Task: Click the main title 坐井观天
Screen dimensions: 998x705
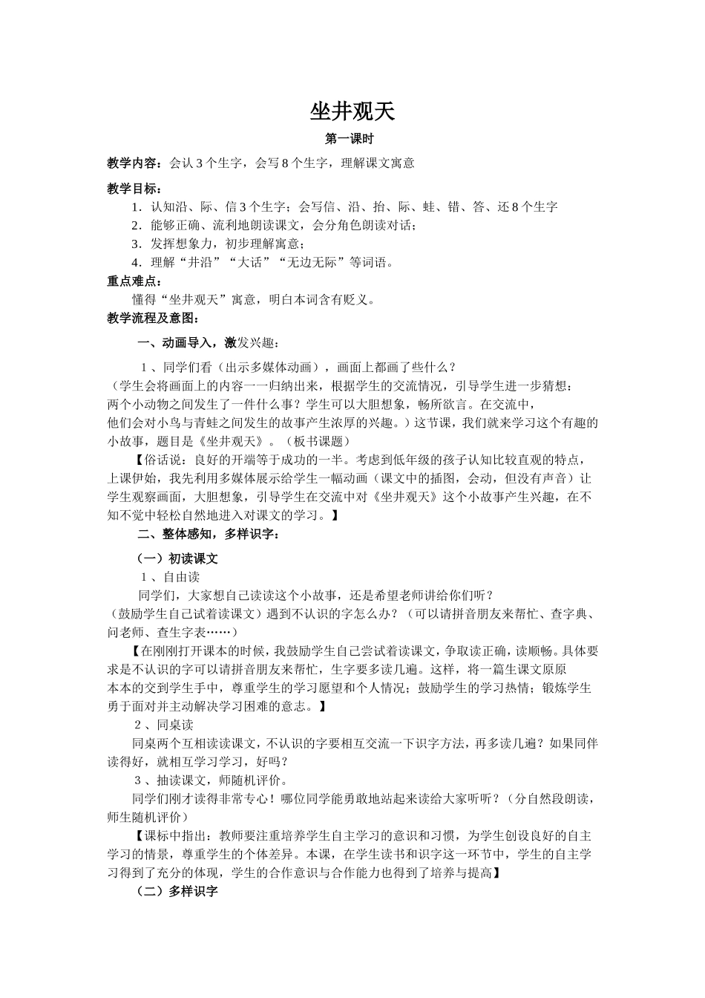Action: pos(352,111)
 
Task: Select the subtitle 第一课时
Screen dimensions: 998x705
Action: pos(352,139)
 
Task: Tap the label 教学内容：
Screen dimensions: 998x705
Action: pos(137,163)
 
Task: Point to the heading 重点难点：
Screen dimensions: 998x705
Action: pos(134,281)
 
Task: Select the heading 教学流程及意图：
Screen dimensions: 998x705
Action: pos(153,319)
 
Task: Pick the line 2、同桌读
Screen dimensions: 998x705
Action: pos(164,725)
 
